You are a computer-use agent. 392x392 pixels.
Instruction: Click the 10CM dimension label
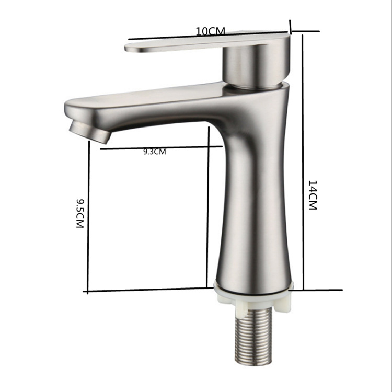click(210, 31)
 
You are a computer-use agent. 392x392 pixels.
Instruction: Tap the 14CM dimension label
click(312, 195)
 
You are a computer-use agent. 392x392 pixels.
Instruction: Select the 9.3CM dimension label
click(155, 152)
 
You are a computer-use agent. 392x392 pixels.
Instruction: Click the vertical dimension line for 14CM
click(303, 163)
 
